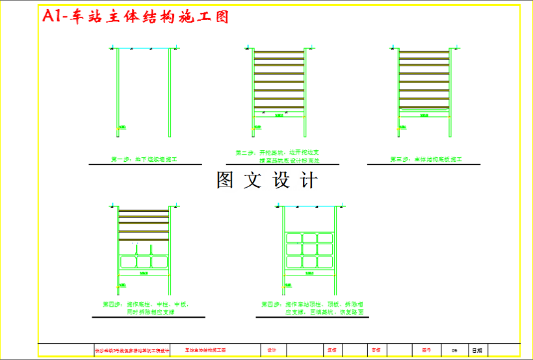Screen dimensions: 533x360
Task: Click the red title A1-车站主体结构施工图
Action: click(135, 17)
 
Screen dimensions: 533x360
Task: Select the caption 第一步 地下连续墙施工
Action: click(144, 159)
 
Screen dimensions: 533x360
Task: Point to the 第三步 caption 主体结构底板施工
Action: click(425, 159)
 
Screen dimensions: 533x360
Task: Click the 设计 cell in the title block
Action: click(272, 350)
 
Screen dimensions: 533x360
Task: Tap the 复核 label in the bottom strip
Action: click(331, 350)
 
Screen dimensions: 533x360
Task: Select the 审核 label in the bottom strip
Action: click(376, 350)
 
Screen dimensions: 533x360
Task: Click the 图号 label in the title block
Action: click(427, 350)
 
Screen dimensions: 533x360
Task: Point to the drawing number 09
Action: click(454, 350)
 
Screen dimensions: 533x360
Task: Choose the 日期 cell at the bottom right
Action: click(478, 350)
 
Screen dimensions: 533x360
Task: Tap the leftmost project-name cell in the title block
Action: click(132, 351)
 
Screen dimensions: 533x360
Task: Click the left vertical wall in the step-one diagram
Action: click(118, 91)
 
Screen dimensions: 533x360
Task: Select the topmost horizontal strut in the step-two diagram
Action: click(279, 52)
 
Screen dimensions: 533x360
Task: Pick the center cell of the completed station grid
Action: click(309, 250)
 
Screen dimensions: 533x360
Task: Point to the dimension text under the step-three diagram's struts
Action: click(424, 116)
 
